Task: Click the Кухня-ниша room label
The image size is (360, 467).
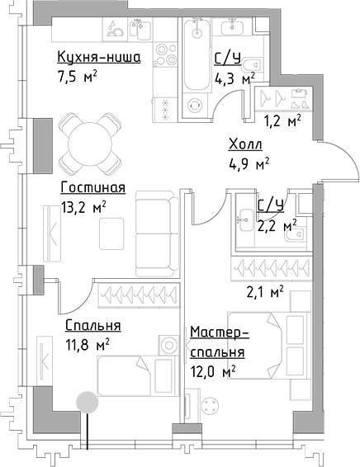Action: (98, 57)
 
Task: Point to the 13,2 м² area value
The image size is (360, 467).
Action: (82, 208)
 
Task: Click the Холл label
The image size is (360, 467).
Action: (245, 144)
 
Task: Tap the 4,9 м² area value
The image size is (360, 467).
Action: (249, 163)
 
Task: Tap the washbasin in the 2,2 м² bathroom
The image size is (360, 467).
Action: (246, 219)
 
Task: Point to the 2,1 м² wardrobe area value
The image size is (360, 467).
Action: (266, 290)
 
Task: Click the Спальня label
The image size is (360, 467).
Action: (93, 325)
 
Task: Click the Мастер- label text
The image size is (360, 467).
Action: (219, 333)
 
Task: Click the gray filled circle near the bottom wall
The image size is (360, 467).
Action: (84, 403)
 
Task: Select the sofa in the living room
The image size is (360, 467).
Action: (158, 233)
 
